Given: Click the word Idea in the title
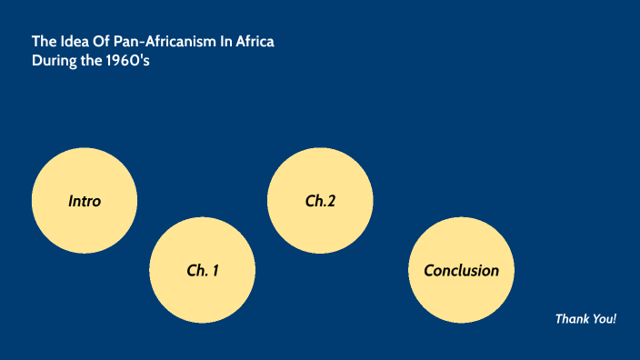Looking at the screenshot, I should point(70,42).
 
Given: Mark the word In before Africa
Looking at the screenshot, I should point(225,42).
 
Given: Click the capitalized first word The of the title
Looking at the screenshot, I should point(44,42).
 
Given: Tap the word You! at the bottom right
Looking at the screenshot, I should point(605,319).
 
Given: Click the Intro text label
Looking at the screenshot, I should point(85,201).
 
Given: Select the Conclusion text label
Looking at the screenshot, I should point(461,271).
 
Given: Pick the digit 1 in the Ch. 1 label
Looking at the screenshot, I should point(215,271).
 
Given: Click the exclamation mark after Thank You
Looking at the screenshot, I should point(615,319).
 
